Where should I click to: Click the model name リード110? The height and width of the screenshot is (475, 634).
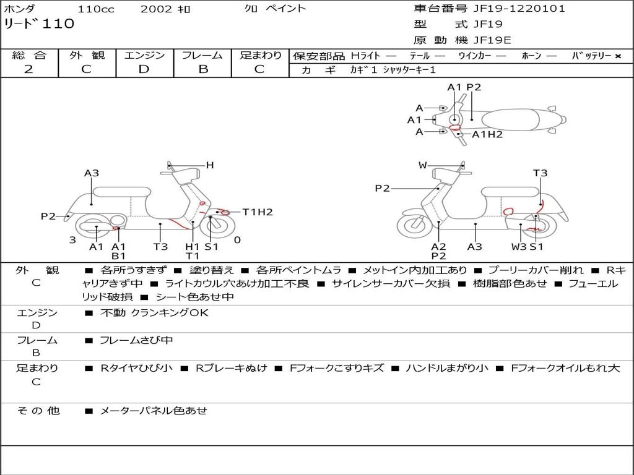[x=39, y=24]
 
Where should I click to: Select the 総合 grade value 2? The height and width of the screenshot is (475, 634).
[x=28, y=69]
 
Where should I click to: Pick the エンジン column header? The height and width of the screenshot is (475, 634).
[x=144, y=55]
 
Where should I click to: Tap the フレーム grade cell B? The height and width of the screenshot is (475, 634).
[x=202, y=69]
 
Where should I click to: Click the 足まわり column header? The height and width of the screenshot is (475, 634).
[x=260, y=55]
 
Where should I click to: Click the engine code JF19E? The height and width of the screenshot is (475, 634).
[x=492, y=40]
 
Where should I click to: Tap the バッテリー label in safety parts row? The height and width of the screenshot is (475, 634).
[x=591, y=56]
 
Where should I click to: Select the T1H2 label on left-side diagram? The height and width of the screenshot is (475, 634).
[x=257, y=212]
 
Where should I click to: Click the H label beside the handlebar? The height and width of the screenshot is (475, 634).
[x=210, y=165]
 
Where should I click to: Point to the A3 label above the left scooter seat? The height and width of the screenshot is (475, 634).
[x=92, y=173]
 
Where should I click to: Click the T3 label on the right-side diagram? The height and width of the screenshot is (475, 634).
[x=540, y=173]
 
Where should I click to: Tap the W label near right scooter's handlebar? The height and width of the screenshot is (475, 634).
[x=423, y=165]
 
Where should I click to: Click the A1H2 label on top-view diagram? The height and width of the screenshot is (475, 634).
[x=487, y=134]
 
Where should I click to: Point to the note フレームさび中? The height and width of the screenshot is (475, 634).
[x=136, y=340]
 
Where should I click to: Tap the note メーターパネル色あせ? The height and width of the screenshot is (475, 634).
[x=153, y=411]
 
